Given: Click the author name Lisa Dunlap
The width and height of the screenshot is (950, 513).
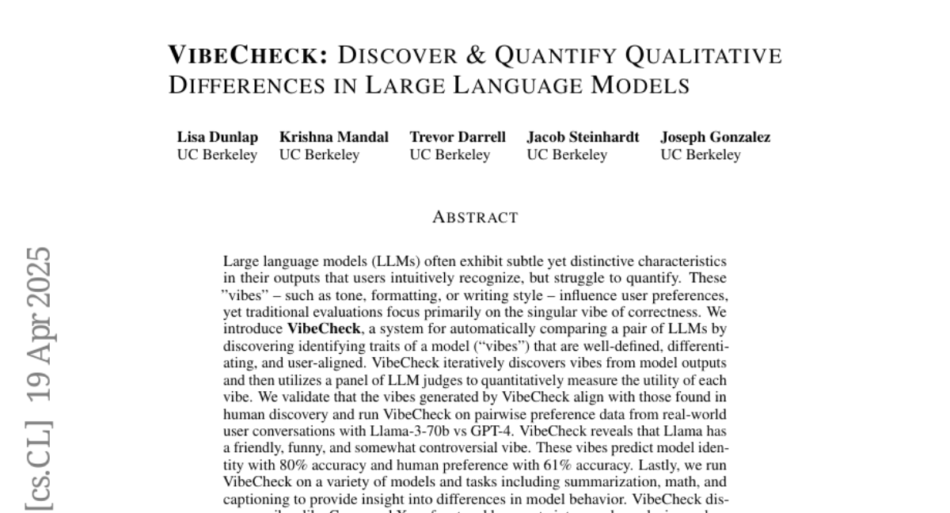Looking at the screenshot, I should tap(217, 137).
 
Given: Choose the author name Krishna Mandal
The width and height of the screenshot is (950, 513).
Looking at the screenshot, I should tap(333, 137).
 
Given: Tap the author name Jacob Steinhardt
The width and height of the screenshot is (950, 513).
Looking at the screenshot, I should tap(583, 137).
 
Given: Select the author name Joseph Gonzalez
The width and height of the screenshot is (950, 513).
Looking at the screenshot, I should tap(715, 137).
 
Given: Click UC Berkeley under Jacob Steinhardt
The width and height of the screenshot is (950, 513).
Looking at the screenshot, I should tap(567, 155).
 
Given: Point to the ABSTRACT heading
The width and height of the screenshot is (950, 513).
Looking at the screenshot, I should tap(475, 217).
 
